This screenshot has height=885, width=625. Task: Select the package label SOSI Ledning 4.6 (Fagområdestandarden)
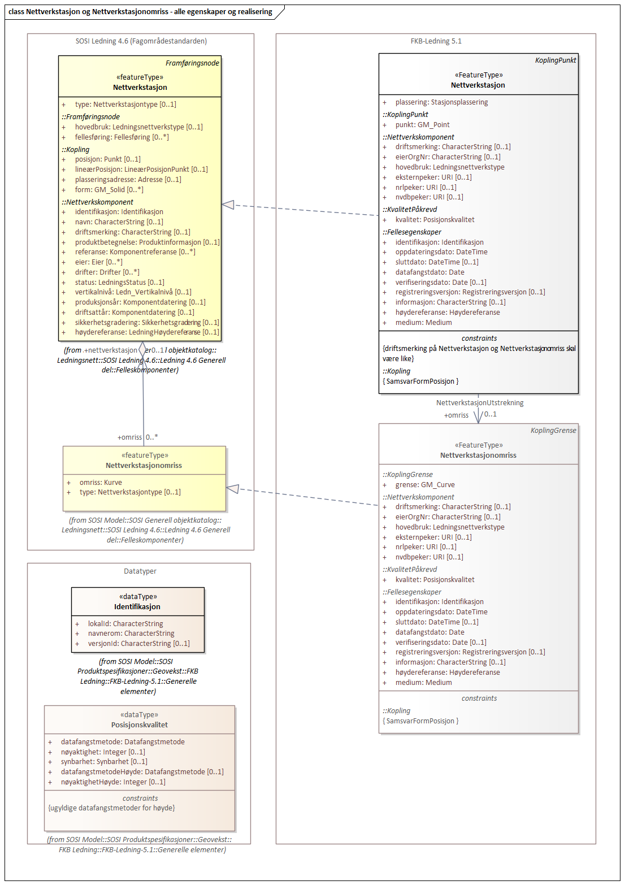141,41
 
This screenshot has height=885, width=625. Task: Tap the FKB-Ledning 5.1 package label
436,41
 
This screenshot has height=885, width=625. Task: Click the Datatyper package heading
140,571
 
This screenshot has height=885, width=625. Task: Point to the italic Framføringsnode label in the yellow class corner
192,63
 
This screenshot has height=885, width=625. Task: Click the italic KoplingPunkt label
555,60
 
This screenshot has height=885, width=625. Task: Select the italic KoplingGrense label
553,431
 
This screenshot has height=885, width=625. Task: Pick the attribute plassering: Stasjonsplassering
441,102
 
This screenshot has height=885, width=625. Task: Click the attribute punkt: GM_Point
422,125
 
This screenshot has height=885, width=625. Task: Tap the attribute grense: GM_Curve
424,485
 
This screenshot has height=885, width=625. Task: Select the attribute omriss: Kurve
101,483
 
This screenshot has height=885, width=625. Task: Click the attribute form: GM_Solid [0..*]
109,190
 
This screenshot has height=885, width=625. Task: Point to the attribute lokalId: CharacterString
125,624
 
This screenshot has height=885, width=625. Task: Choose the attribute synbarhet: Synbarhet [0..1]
104,762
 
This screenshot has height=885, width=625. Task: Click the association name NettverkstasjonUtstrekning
480,403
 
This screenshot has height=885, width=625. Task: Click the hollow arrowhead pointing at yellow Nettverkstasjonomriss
232,489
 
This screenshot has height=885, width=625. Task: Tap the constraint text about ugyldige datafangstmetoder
111,808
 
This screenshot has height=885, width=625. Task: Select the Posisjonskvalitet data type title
140,725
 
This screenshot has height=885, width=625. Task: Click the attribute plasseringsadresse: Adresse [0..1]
128,180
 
